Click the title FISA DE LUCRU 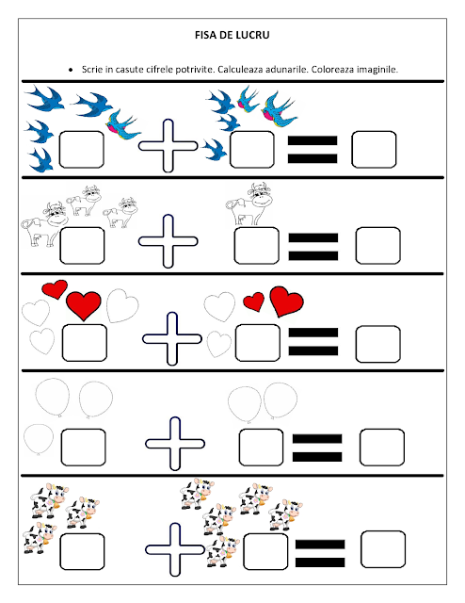(x=232, y=35)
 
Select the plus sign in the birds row (x=168, y=146)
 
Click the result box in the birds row (x=374, y=150)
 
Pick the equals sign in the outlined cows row (x=313, y=247)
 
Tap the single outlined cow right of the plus (x=249, y=204)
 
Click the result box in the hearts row (x=377, y=344)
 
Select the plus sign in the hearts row (x=171, y=338)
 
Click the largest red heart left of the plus (x=84, y=305)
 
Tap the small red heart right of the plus (x=254, y=301)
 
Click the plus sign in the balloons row (x=175, y=444)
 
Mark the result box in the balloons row (x=382, y=448)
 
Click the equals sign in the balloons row (x=317, y=448)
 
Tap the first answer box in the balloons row (x=84, y=448)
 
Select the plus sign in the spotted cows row (x=175, y=549)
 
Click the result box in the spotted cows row (x=383, y=549)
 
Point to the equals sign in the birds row (x=313, y=149)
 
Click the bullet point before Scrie (x=71, y=70)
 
